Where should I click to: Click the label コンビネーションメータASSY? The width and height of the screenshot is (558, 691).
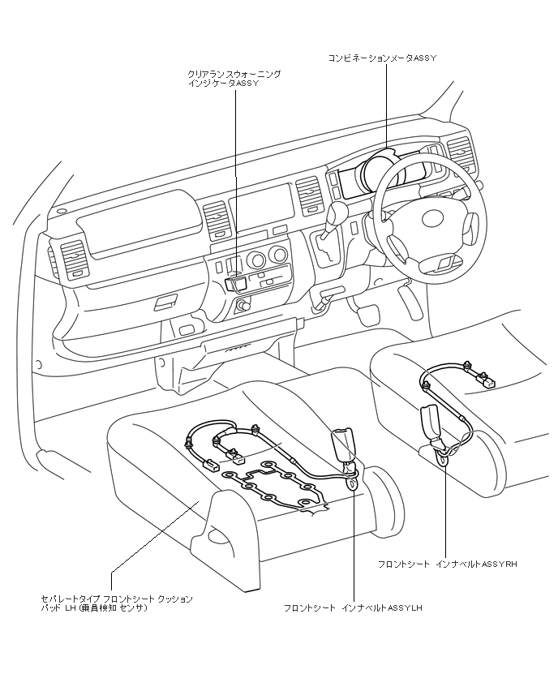(383, 59)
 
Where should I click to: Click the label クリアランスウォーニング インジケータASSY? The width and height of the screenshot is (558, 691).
(234, 78)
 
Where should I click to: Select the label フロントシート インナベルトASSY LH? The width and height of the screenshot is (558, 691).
(353, 607)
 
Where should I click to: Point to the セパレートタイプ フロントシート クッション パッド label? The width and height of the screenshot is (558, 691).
(118, 603)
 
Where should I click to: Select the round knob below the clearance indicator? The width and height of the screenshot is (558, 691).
(241, 306)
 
